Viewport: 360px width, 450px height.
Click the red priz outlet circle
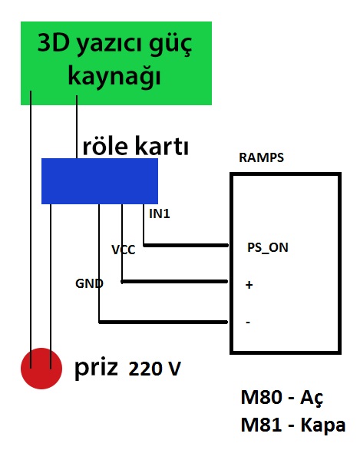(x=41, y=369)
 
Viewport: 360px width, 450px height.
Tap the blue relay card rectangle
(x=100, y=181)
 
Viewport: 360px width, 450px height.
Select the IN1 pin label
(x=160, y=213)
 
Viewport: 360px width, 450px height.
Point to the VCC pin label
(x=124, y=250)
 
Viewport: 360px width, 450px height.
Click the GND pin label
(x=89, y=283)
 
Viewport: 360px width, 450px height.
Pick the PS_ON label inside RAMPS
(x=268, y=248)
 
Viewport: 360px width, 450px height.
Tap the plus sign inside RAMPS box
(x=249, y=285)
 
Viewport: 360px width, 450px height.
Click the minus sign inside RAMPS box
(x=248, y=323)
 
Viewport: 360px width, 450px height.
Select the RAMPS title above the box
(x=261, y=157)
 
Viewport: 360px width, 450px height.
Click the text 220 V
(x=154, y=369)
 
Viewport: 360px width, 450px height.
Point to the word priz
(x=96, y=369)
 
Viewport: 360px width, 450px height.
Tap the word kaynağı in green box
(x=114, y=77)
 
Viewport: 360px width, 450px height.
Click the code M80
(x=261, y=398)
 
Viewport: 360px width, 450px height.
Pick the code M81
(x=261, y=425)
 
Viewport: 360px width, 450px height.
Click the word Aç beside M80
(x=312, y=399)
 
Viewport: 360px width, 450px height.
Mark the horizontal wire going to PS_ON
(x=186, y=246)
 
